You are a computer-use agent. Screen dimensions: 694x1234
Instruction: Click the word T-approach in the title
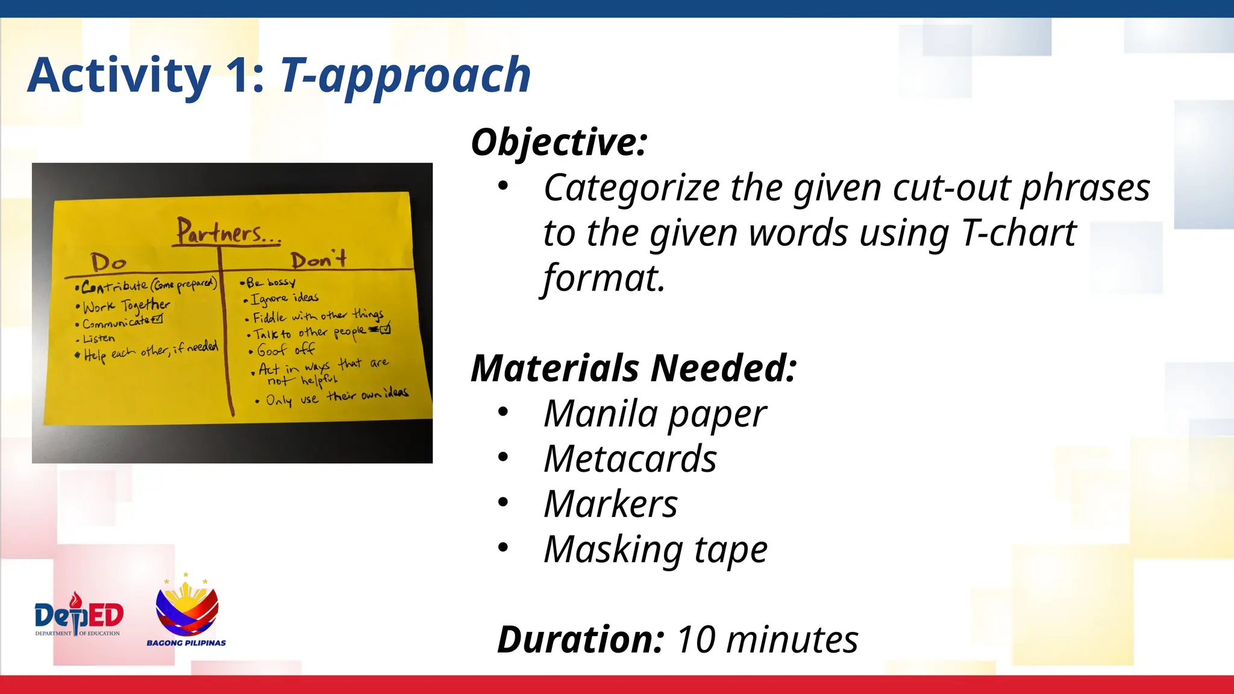(x=405, y=76)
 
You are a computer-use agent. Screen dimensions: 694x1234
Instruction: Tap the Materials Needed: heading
(x=633, y=368)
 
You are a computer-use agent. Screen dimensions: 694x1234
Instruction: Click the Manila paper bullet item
(x=654, y=414)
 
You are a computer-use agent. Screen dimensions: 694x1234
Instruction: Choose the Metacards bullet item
(x=630, y=459)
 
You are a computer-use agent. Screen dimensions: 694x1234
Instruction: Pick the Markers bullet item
(x=610, y=504)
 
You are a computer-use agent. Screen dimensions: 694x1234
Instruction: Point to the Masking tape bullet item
(x=655, y=549)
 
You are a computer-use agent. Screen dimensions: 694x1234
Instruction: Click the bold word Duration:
(x=580, y=639)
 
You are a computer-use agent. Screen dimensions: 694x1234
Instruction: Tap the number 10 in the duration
(x=696, y=639)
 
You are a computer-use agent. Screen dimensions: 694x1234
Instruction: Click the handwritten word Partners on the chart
(x=220, y=233)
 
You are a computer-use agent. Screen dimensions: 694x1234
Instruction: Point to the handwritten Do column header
(x=108, y=262)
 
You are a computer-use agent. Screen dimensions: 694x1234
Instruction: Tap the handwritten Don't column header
(x=318, y=260)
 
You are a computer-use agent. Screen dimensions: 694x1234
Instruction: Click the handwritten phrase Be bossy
(x=271, y=283)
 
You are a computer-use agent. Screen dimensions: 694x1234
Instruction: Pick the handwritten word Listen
(x=98, y=339)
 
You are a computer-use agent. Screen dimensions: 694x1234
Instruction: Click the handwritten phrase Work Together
(x=126, y=306)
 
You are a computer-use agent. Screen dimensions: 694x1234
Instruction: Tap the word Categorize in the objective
(x=631, y=188)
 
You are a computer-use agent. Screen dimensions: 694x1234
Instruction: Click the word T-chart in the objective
(x=1018, y=233)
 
